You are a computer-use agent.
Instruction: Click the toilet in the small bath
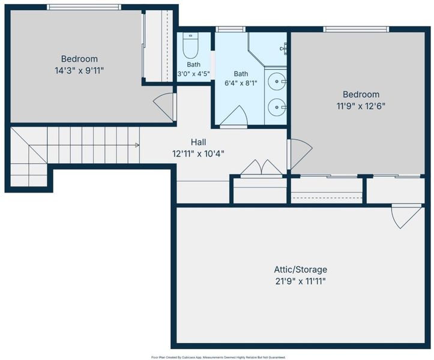point(190,46)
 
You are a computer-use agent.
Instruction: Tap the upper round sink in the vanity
point(277,82)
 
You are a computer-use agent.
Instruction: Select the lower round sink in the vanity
point(277,107)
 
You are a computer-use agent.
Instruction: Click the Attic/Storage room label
point(300,269)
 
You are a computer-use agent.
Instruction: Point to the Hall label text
point(199,142)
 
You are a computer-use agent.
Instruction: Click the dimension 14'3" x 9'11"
point(79,71)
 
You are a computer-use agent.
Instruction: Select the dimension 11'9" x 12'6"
point(361,106)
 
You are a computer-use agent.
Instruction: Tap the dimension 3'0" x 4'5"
point(193,74)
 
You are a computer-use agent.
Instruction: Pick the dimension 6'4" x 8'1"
point(241,83)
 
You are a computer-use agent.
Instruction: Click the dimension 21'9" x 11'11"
point(300,281)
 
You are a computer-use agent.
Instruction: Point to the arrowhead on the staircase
point(137,145)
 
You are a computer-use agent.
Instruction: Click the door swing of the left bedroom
point(164,107)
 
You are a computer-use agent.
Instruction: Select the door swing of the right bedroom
point(300,154)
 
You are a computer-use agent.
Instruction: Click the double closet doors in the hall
point(262,168)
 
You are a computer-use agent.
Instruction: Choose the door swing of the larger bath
point(234,116)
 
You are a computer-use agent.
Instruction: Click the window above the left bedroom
point(84,7)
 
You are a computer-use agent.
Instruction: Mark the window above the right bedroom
point(356,29)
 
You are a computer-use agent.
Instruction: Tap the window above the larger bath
point(231,29)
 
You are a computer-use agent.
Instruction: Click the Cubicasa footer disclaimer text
point(218,358)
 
